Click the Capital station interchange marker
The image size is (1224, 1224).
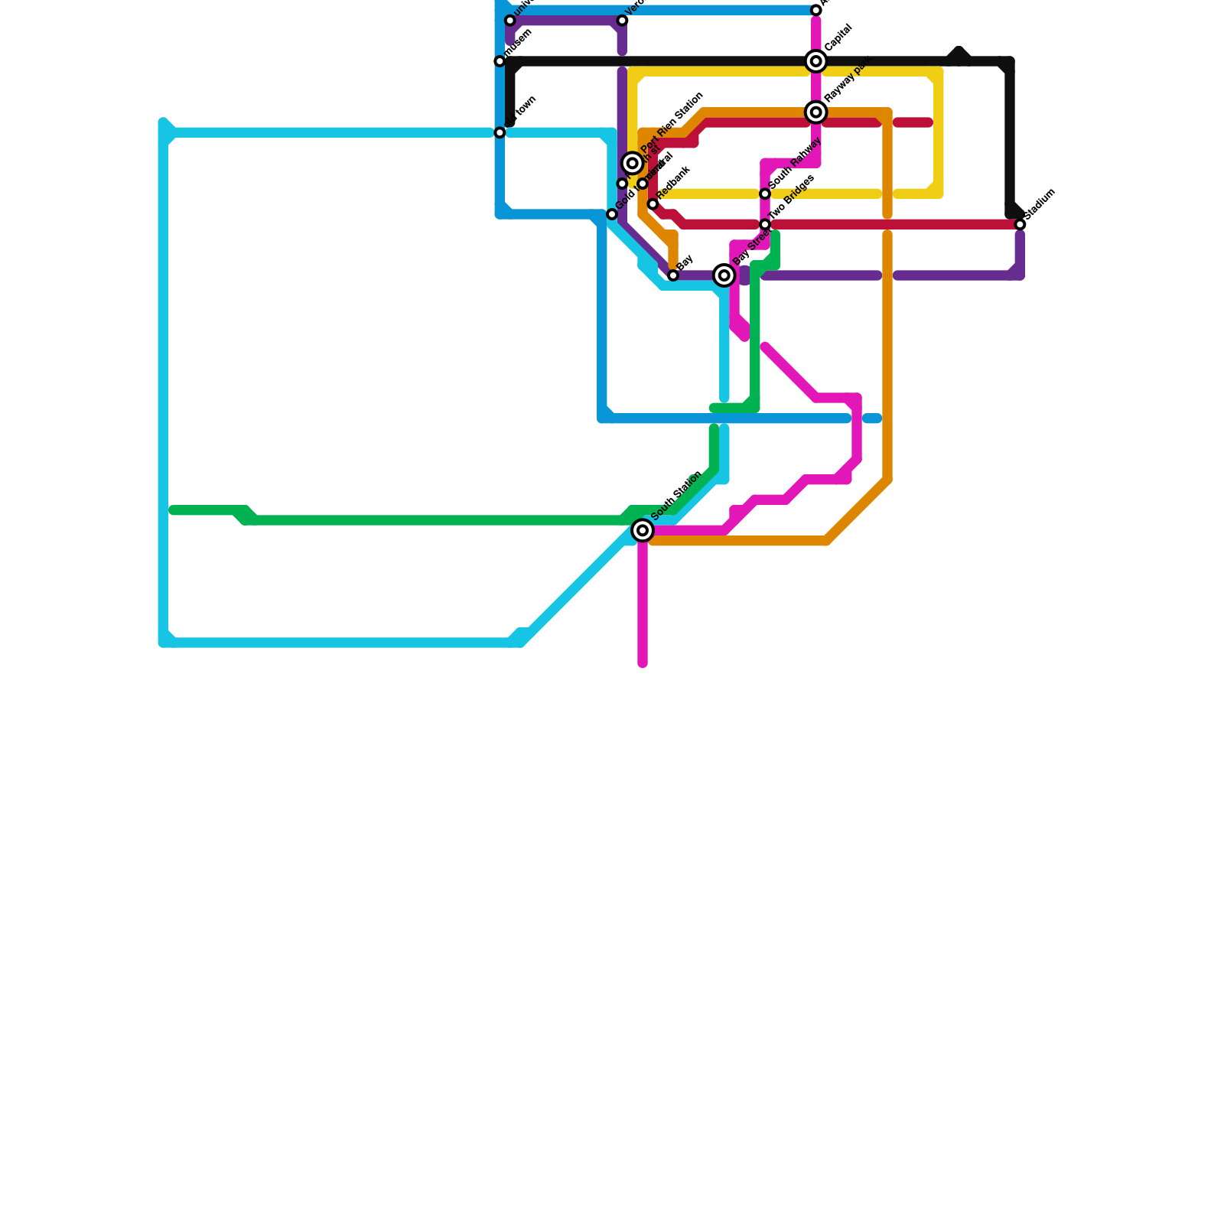pos(816,61)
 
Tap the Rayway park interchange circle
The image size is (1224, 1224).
pos(816,112)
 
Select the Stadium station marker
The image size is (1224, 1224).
pos(1020,224)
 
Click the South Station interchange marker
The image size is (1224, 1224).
pos(643,530)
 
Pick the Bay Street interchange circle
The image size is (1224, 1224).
pos(724,275)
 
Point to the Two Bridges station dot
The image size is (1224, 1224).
pos(765,224)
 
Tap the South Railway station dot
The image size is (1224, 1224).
pos(765,194)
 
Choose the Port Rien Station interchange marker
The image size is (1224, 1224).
pos(632,163)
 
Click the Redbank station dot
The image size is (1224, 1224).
pos(653,204)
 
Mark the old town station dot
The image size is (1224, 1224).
pos(500,132)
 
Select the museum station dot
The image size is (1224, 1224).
pos(500,61)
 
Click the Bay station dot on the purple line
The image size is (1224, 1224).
pos(673,275)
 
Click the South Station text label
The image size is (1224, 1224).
pos(677,495)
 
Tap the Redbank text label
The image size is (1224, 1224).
pos(674,183)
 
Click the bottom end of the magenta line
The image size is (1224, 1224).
pos(643,663)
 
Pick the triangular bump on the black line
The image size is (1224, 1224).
pos(959,52)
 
